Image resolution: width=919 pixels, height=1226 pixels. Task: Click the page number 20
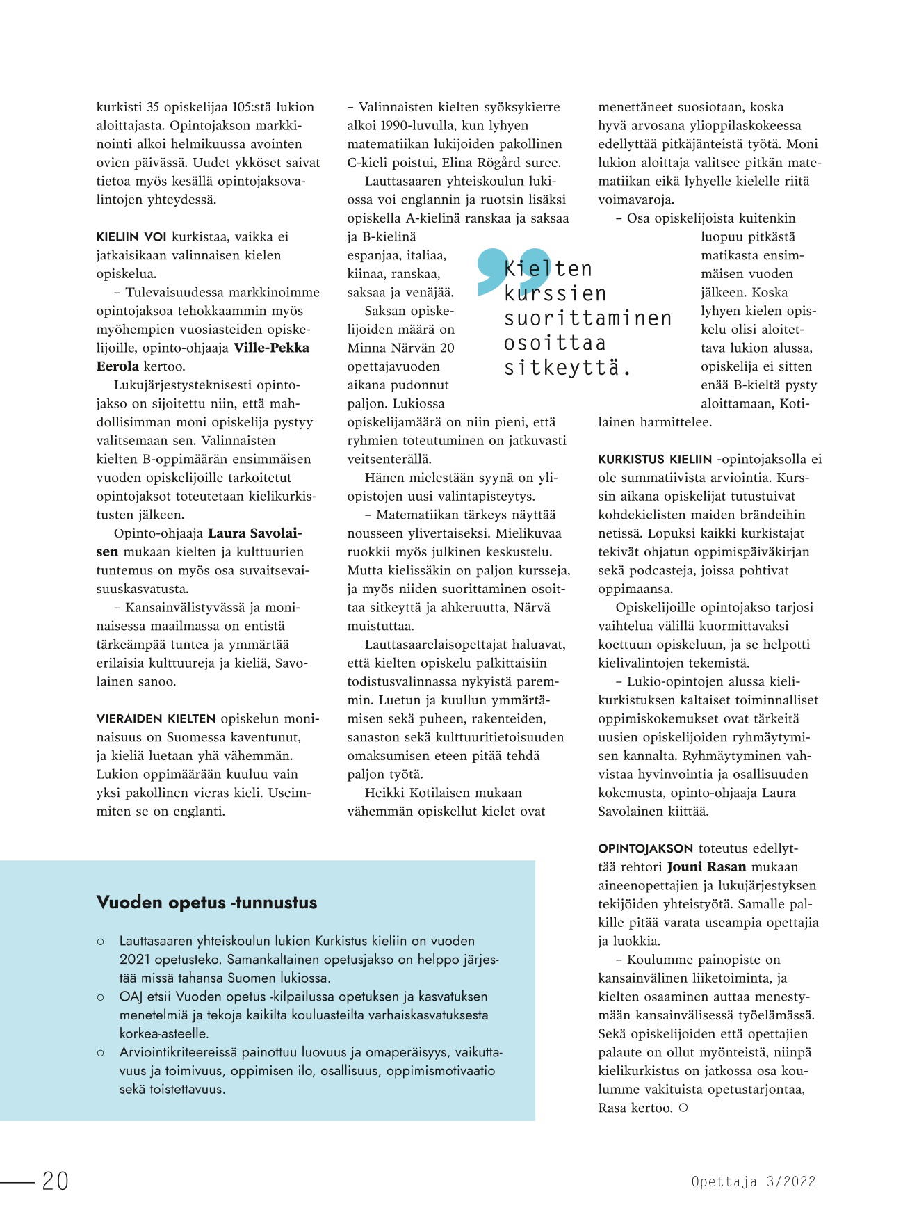point(56,1181)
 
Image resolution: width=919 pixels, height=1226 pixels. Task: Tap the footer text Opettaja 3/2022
point(753,1181)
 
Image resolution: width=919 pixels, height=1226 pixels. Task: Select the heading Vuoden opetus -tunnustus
point(206,903)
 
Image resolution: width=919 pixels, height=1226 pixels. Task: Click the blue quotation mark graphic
point(513,269)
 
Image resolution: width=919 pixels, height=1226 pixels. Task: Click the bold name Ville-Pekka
point(271,348)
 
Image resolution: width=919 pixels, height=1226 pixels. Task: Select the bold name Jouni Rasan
point(706,867)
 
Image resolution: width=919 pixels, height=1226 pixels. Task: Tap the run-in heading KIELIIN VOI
point(131,237)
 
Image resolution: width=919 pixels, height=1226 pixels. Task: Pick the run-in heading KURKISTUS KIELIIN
point(655,460)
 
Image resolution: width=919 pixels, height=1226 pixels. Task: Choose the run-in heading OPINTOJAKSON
point(646,849)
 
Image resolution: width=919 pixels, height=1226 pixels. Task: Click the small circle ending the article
point(683,1108)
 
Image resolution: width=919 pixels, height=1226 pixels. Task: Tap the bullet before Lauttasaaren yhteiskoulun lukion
point(101,942)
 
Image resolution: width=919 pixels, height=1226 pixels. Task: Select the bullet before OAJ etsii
point(101,997)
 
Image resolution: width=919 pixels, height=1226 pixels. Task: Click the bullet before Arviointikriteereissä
point(101,1053)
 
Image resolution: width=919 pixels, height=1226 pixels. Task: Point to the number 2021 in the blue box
point(134,960)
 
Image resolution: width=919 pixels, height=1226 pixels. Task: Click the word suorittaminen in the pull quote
point(587,318)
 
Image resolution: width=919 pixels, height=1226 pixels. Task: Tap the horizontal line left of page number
point(17,1181)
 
